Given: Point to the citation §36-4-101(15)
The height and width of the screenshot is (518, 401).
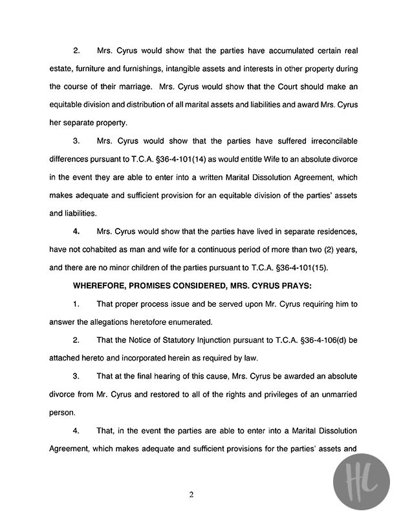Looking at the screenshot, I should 305,267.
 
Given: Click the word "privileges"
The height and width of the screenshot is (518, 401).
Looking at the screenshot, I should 250,393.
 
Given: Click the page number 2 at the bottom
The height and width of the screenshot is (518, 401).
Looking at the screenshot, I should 191,495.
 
